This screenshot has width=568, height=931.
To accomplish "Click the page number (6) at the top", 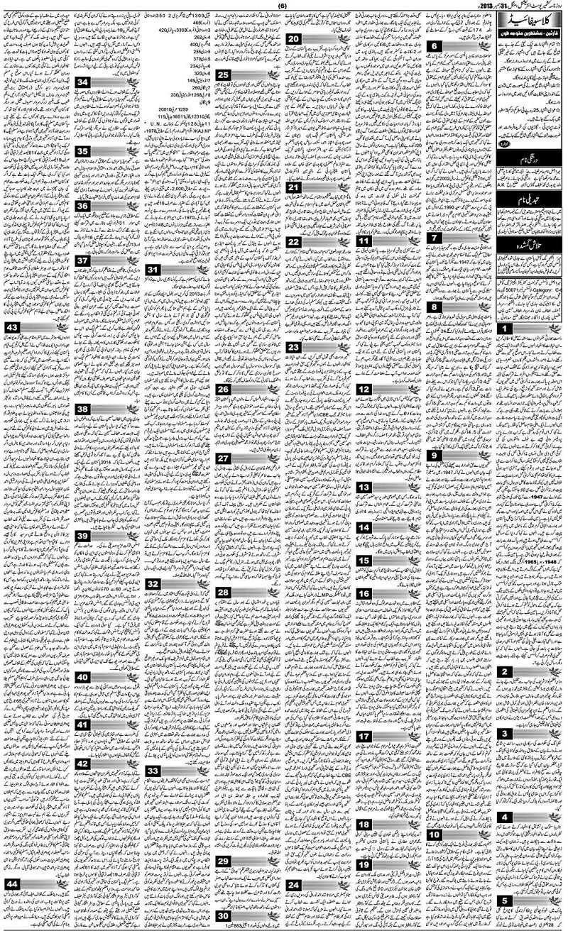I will (x=281, y=6).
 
